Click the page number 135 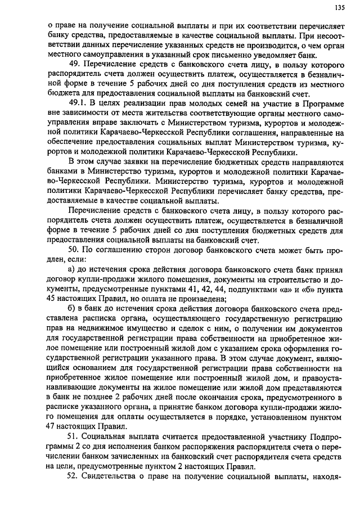coord(339,7)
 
